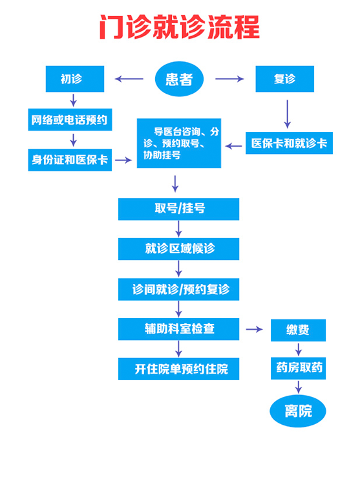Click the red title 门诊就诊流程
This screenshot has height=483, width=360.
click(179, 28)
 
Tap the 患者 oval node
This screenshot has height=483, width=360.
click(179, 79)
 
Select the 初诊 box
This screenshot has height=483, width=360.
click(74, 79)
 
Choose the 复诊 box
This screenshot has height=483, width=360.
click(284, 79)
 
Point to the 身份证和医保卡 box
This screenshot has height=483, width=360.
click(70, 159)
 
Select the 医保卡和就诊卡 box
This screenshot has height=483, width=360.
click(289, 143)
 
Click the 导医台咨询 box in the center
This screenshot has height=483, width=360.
click(178, 143)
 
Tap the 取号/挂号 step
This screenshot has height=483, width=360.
click(178, 208)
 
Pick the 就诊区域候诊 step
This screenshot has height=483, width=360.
click(178, 248)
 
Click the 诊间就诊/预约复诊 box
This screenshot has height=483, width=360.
click(178, 288)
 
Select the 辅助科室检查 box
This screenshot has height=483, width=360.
click(178, 328)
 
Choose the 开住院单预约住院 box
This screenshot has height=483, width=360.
click(178, 369)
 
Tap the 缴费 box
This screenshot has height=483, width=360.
click(298, 330)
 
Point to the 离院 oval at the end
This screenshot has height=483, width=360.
click(298, 411)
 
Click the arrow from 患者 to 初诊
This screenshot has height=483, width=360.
click(129, 79)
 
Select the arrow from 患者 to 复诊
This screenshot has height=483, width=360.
click(229, 79)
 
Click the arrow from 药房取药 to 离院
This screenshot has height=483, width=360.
click(298, 387)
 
